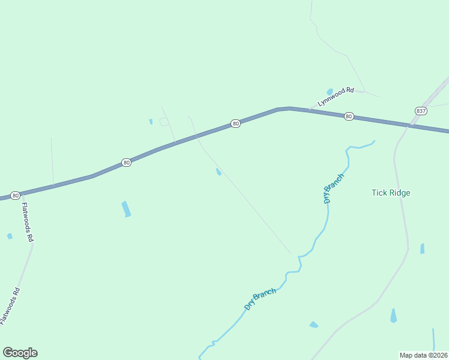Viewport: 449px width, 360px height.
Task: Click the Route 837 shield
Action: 420,111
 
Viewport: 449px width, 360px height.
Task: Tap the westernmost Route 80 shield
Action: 15,196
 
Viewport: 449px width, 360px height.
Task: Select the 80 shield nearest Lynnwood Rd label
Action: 349,116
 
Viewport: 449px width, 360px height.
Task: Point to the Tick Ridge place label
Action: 391,193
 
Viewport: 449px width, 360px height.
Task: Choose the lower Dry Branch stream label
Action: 260,299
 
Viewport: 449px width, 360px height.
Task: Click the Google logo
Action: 20,353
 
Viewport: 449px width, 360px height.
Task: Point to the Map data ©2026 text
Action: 423,355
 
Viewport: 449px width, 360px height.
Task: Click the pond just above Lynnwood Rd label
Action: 330,92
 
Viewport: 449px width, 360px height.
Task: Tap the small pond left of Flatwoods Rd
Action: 10,236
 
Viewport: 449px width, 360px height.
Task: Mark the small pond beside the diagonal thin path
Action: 218,172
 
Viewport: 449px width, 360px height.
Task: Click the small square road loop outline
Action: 164,122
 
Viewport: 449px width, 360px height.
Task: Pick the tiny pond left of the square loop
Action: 151,122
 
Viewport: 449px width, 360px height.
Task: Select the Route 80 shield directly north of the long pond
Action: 126,163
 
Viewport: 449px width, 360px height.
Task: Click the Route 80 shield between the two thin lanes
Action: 235,124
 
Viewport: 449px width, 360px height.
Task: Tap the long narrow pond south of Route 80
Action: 126,209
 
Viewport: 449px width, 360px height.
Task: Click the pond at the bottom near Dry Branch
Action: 313,325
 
